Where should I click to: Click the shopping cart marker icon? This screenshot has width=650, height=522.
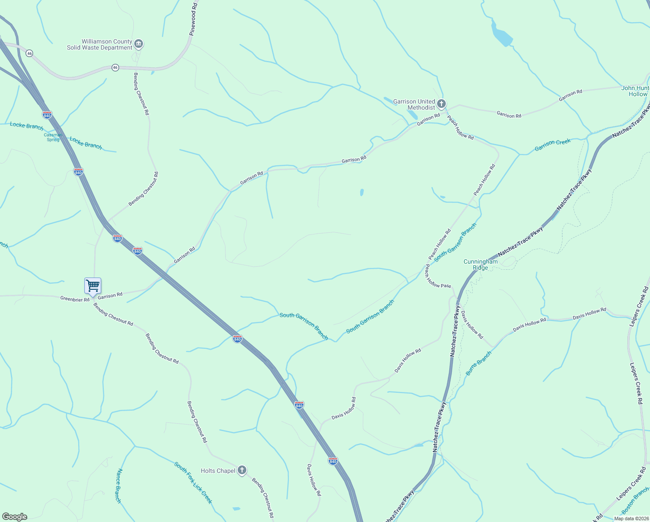[x=93, y=286]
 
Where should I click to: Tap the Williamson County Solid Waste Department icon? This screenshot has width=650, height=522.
[x=139, y=44]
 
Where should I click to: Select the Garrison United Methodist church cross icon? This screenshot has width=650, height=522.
[x=441, y=104]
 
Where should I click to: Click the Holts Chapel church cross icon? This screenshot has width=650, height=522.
[x=242, y=470]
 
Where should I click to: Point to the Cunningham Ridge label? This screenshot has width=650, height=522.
[x=481, y=264]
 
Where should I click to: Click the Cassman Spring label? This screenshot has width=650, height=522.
[x=53, y=137]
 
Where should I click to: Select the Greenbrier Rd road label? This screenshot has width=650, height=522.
[x=75, y=299]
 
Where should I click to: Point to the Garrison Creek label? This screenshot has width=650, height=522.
[x=552, y=145]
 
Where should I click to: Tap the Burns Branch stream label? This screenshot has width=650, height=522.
[x=478, y=363]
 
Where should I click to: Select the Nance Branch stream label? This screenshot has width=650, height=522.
[x=119, y=485]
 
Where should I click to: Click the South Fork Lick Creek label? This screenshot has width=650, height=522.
[x=193, y=483]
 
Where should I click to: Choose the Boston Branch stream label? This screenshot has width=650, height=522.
[x=635, y=501]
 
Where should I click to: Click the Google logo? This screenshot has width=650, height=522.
[x=15, y=516]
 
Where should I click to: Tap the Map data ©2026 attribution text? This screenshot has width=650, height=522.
[x=631, y=518]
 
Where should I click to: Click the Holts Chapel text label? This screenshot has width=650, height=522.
[x=218, y=471]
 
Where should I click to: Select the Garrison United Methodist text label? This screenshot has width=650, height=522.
[x=414, y=104]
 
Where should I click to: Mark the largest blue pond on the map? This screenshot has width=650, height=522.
[x=501, y=35]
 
